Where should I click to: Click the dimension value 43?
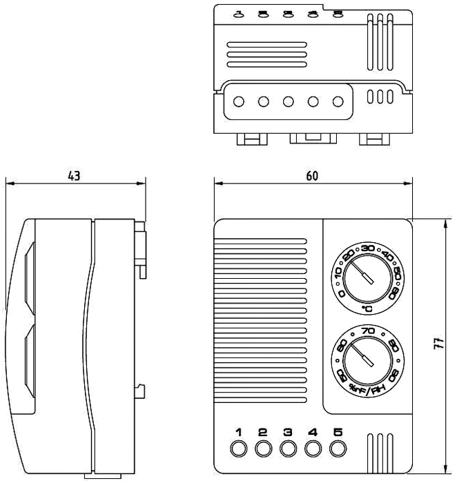[x=73, y=175]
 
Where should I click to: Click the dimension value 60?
[x=312, y=175]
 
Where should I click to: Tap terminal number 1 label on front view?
[x=238, y=433]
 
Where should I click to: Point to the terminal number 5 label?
[x=338, y=433]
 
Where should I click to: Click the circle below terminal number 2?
[x=263, y=449]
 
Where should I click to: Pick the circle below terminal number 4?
[x=313, y=449]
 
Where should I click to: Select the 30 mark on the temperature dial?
[x=367, y=249]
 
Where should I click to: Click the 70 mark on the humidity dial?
[x=368, y=332]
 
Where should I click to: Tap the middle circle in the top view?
[x=288, y=101]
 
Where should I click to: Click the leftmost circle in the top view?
[x=238, y=101]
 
